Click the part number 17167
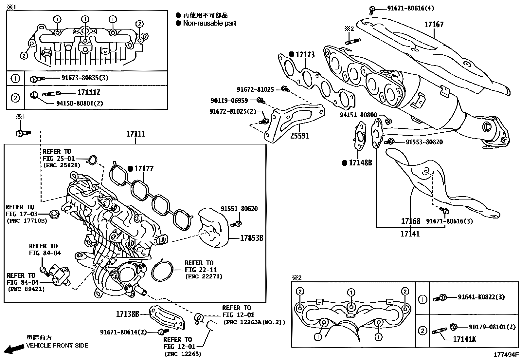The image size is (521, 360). click(434, 25)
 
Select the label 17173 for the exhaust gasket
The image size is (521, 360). click(305, 54)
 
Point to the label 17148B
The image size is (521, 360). click(360, 163)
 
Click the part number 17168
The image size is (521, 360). click(410, 221)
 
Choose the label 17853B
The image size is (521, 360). click(252, 238)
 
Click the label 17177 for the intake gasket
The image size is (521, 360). click(144, 169)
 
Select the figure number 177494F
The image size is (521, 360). click(506, 354)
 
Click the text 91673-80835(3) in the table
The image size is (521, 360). click(85, 78)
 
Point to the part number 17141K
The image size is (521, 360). click(464, 339)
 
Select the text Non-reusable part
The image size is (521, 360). click(209, 23)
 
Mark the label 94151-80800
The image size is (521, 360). click(358, 115)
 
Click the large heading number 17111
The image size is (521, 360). click(136, 134)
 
